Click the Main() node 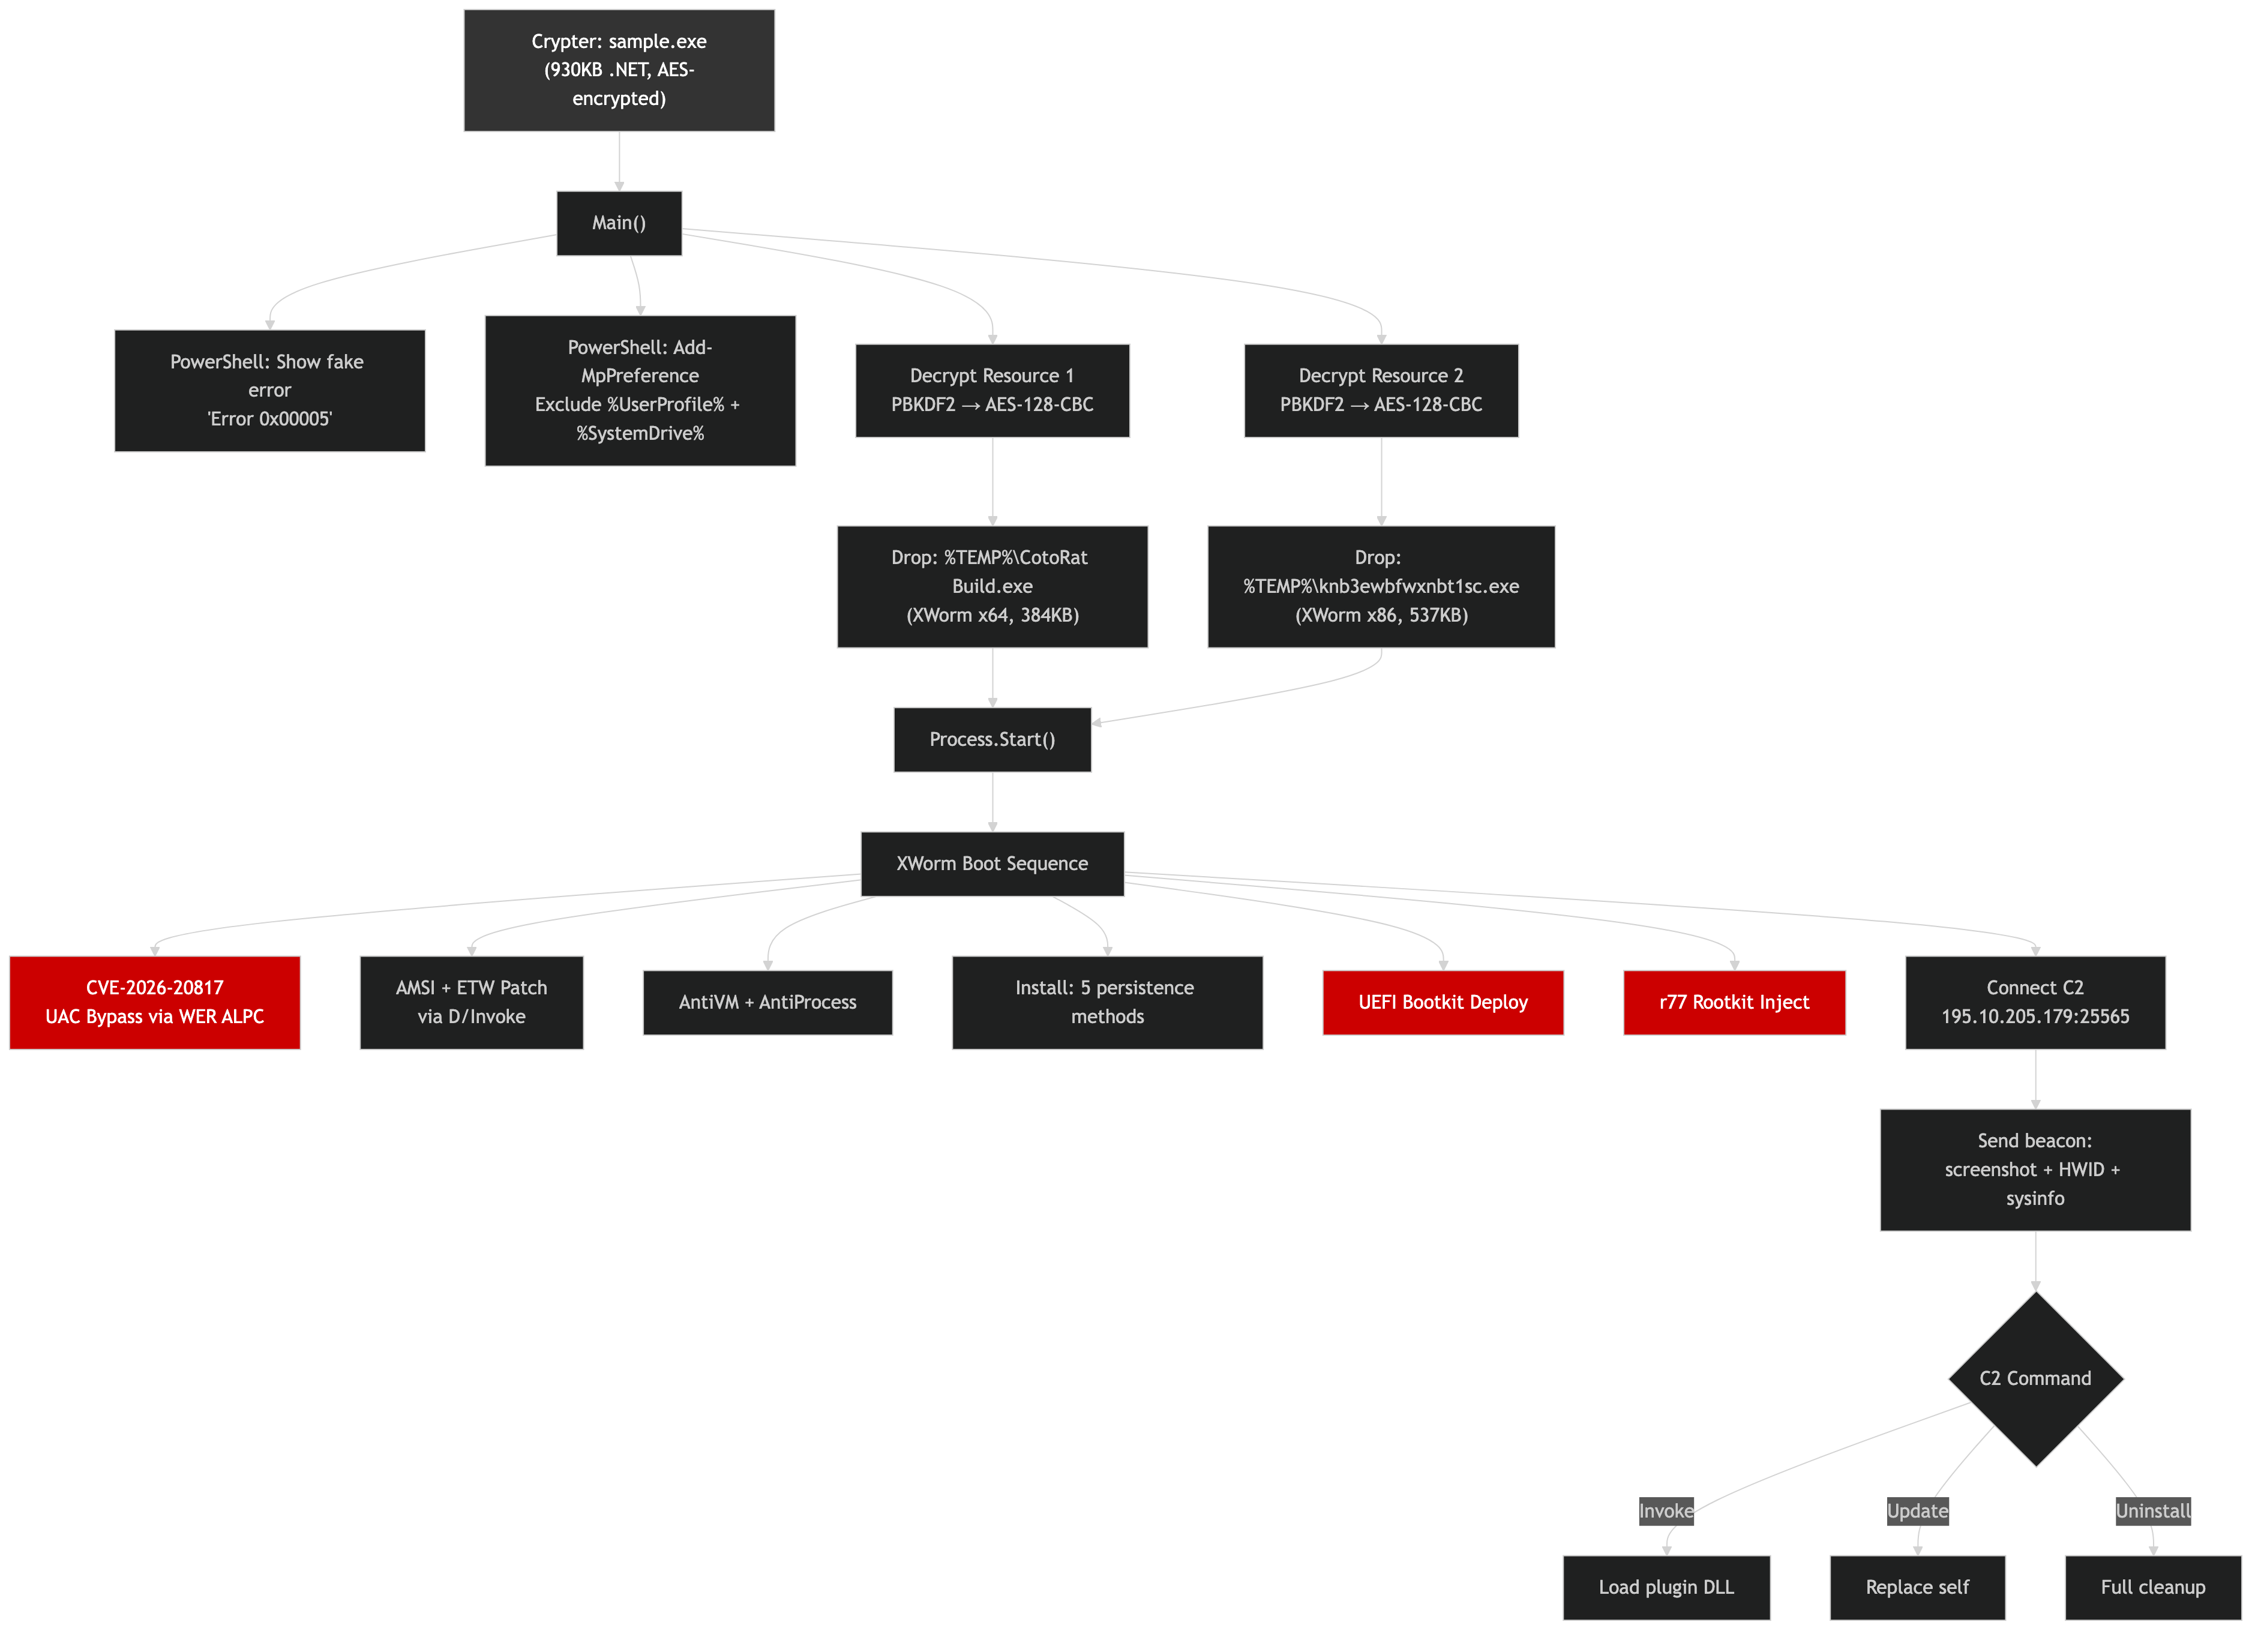(619, 223)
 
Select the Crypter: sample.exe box (619, 70)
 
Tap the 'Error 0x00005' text (269, 419)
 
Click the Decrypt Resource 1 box (992, 390)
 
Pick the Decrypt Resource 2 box (1381, 390)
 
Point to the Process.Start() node (992, 740)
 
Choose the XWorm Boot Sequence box (992, 864)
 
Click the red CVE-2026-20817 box (155, 1002)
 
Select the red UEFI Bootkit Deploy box (1443, 1002)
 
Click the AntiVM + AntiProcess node (767, 1002)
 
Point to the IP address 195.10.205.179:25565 (2035, 1017)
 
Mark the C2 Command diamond (2035, 1379)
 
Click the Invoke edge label (1666, 1512)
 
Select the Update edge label (1917, 1512)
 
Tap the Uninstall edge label (2152, 1512)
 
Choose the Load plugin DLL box (1666, 1587)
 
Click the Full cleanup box (2152, 1587)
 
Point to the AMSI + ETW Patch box (472, 1002)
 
